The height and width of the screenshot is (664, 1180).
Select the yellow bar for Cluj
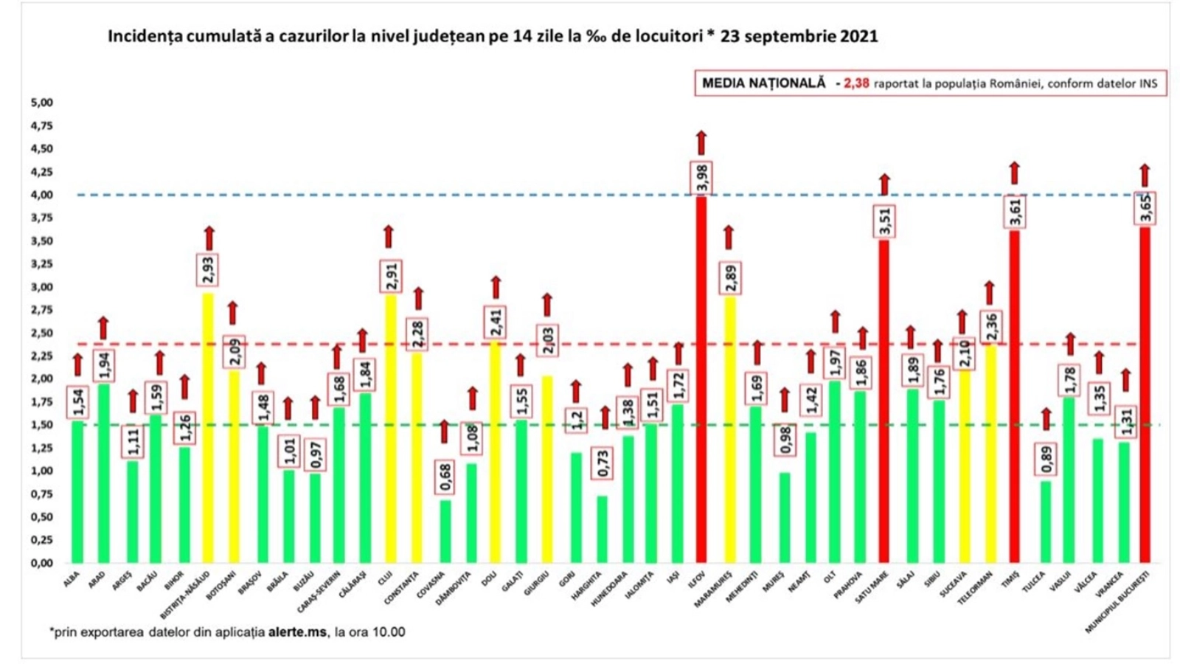(389, 428)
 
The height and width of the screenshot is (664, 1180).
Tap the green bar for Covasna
(445, 531)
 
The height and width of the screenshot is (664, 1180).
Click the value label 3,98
(701, 177)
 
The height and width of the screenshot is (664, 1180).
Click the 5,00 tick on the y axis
(41, 103)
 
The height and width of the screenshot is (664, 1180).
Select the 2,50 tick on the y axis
(41, 333)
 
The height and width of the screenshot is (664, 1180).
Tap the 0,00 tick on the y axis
(41, 563)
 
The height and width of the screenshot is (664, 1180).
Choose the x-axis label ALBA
(72, 579)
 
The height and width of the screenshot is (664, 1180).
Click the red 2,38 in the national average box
(856, 83)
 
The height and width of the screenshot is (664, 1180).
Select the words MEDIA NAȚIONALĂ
(763, 83)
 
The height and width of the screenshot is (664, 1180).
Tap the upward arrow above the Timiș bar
(1015, 173)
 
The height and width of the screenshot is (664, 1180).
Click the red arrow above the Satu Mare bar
(884, 184)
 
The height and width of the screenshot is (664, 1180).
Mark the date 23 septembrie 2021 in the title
(799, 36)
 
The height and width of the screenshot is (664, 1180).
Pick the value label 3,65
(1145, 208)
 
